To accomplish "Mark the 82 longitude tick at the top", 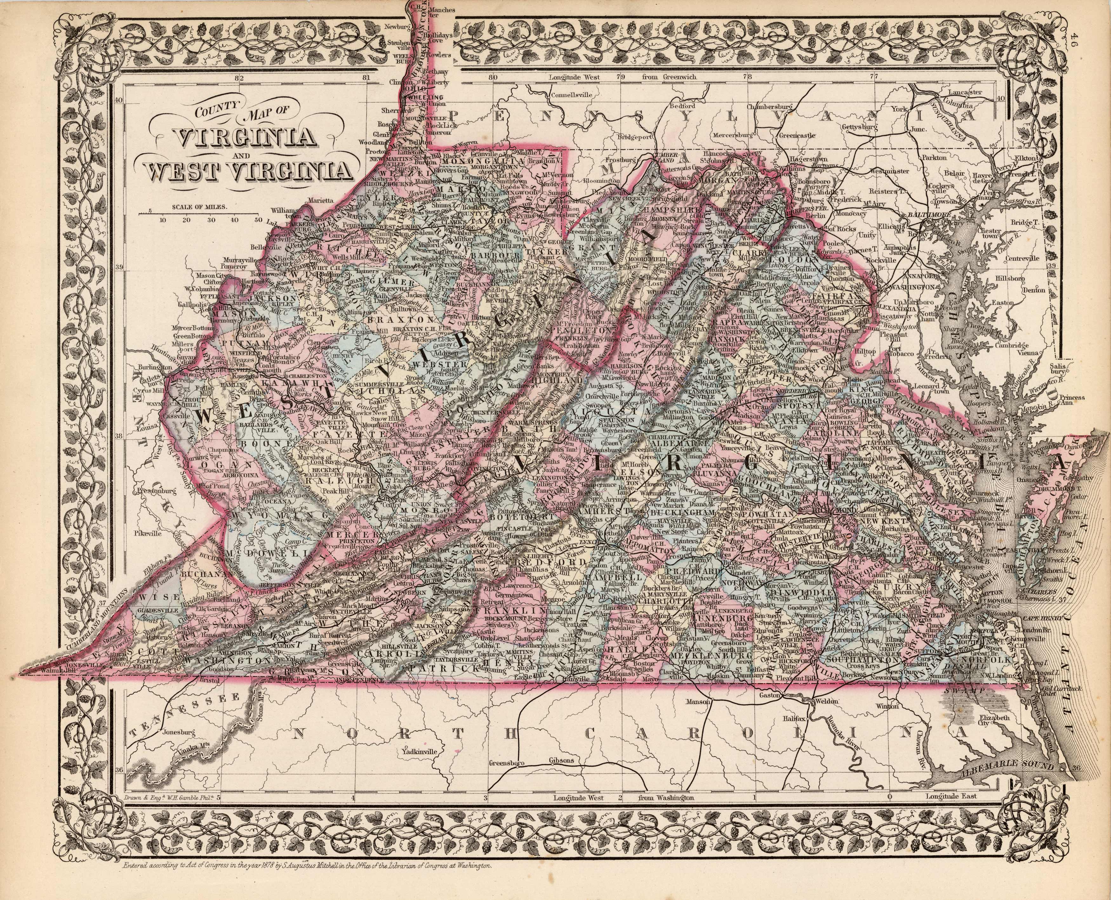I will [x=239, y=78].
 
